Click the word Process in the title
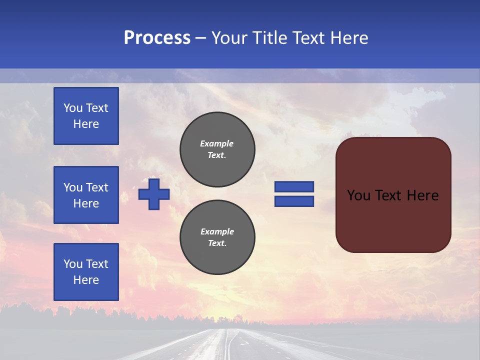pos(157,38)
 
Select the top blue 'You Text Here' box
pos(86,116)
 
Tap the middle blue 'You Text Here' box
pos(86,195)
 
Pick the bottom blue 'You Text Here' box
pos(86,272)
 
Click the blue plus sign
pos(154,194)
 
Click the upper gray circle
pos(217,149)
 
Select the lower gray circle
pos(217,237)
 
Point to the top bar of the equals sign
pos(294,186)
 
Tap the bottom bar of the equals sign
pos(294,201)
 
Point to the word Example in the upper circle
pos(217,143)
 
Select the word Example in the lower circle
pos(217,231)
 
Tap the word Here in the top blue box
pos(86,124)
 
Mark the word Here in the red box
pos(422,195)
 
